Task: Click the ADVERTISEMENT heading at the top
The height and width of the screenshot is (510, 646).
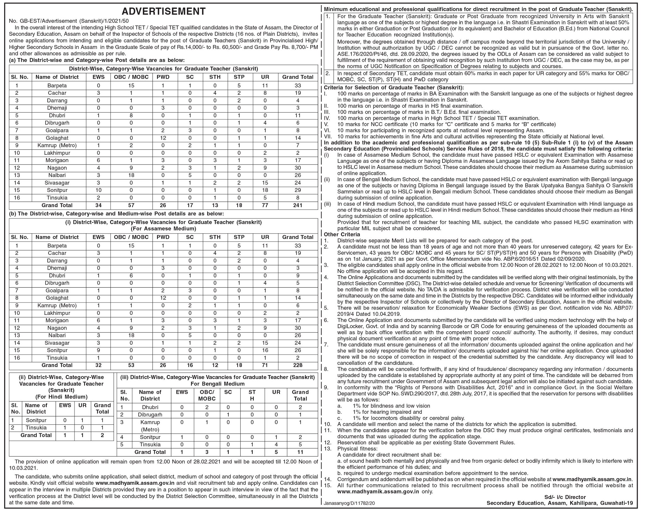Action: tap(163, 11)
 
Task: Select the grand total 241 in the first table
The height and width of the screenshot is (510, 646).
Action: tap(297, 205)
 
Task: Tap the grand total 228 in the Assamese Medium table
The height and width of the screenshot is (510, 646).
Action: tap(297, 365)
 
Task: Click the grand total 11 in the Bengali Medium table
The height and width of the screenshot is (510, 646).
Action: tap(300, 452)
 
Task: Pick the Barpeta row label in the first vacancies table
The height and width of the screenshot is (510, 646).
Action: tap(57, 86)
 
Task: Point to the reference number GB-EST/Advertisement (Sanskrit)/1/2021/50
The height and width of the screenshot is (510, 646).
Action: tap(69, 21)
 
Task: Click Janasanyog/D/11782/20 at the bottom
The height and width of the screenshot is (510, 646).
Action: tap(349, 503)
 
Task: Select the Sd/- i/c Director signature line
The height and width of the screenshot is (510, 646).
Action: tap(565, 497)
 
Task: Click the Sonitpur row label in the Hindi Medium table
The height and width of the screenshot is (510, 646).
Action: tap(36, 420)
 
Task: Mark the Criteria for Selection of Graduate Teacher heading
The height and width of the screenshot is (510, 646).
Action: tap(394, 88)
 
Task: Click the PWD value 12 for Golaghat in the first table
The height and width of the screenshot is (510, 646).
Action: tap(163, 138)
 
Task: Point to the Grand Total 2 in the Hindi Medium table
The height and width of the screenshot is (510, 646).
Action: tap(102, 435)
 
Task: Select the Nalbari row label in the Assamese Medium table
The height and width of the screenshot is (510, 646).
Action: tap(57, 335)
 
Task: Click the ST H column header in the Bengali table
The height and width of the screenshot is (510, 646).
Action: tap(252, 395)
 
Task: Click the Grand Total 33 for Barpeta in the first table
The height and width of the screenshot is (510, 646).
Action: tap(297, 86)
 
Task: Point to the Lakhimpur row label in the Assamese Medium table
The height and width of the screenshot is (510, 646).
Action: tap(57, 313)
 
